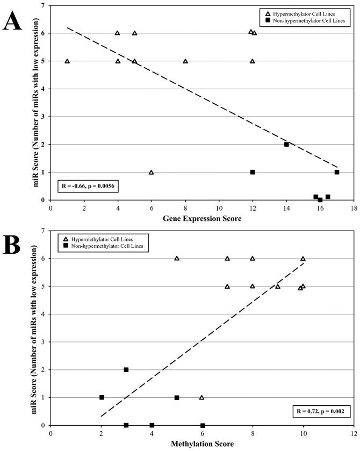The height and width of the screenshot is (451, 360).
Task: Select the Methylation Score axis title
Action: (201, 445)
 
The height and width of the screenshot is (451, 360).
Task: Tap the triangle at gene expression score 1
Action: (67, 61)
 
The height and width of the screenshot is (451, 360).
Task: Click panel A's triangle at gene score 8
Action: (185, 61)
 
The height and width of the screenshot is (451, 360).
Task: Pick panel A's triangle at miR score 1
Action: (151, 173)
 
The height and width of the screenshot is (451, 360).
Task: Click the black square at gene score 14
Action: (286, 144)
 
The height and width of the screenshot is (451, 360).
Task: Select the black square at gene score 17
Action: (337, 172)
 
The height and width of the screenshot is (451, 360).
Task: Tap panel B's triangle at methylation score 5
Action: (177, 259)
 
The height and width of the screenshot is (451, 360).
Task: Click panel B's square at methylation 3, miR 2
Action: (126, 370)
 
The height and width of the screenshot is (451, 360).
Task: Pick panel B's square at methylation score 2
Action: (101, 397)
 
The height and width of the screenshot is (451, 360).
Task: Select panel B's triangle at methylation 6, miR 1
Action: (202, 398)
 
